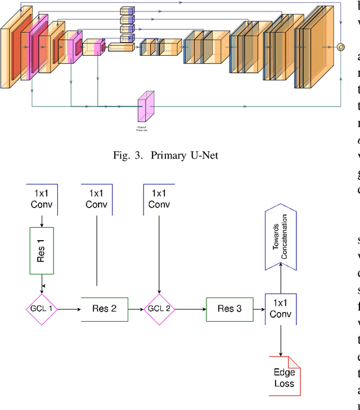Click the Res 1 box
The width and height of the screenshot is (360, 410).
tap(42, 250)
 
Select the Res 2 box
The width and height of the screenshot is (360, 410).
tap(104, 309)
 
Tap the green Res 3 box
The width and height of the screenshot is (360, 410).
tap(229, 308)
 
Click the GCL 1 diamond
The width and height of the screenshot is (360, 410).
tap(42, 309)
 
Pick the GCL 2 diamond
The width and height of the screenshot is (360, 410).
tap(159, 309)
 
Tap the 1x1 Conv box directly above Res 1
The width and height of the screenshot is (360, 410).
tap(42, 199)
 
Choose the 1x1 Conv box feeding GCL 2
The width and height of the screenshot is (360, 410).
tap(159, 199)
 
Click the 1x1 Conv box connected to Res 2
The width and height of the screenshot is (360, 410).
tap(97, 199)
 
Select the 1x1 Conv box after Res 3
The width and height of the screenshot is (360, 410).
tap(280, 309)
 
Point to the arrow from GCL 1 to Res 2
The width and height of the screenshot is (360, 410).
tap(69, 309)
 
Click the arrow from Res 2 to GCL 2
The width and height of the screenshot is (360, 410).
tap(136, 309)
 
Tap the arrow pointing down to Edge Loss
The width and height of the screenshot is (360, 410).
tap(280, 340)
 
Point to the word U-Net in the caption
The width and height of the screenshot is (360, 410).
tap(206, 155)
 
